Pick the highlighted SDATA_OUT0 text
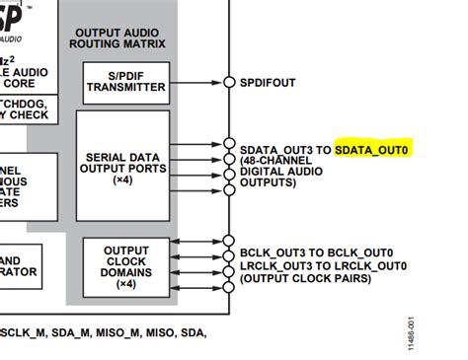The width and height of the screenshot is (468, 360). [372, 150]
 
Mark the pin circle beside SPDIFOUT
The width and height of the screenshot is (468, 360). [229, 82]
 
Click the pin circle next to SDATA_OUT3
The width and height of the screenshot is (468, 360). [229, 144]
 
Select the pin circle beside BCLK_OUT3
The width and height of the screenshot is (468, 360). [229, 240]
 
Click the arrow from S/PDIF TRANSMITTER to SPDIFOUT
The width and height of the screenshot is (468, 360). [196, 82]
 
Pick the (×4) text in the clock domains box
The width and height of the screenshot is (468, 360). [126, 284]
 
